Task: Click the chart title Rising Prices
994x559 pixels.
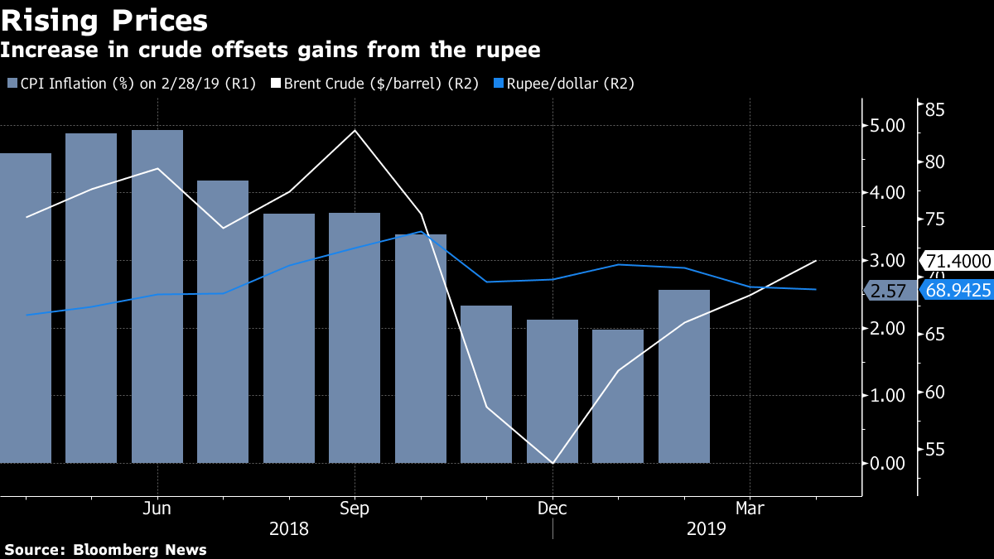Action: (104, 20)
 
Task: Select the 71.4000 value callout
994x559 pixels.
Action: (957, 261)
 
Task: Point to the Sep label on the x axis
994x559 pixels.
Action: (355, 508)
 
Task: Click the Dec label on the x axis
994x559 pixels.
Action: (552, 508)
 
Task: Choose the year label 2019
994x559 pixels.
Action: (706, 528)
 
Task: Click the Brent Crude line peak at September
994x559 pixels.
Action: (355, 131)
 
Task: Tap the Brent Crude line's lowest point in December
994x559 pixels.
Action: (552, 462)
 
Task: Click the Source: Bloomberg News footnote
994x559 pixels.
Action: (106, 549)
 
